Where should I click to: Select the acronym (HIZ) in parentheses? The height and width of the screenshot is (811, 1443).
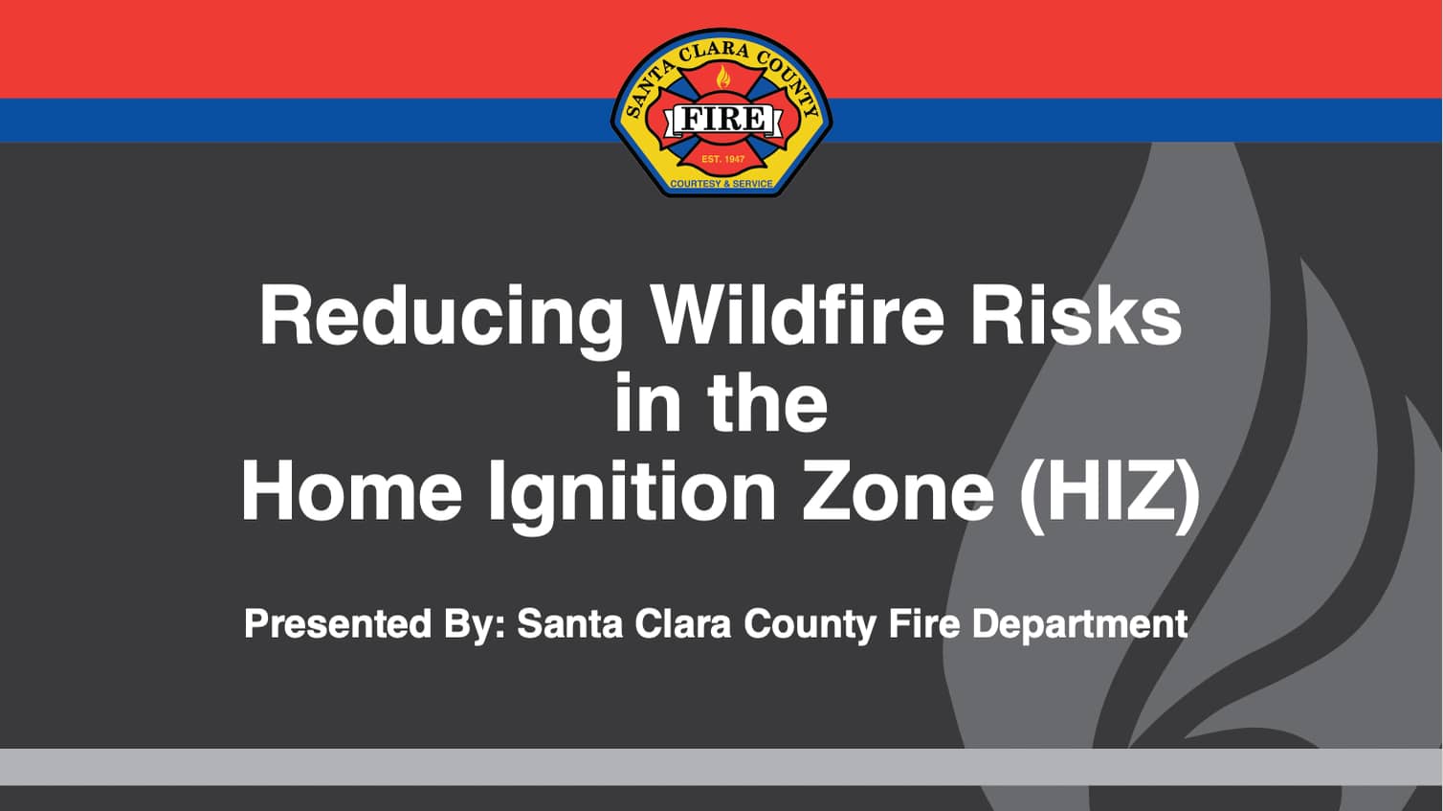pyautogui.click(x=1109, y=492)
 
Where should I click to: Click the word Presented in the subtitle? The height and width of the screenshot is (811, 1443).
pyautogui.click(x=338, y=624)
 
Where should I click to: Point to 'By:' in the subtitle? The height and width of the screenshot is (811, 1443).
pyautogui.click(x=474, y=625)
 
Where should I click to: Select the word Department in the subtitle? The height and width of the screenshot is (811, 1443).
pyautogui.click(x=1079, y=625)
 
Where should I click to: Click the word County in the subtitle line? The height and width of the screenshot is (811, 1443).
pyautogui.click(x=810, y=625)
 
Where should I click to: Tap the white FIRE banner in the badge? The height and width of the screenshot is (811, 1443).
pyautogui.click(x=721, y=120)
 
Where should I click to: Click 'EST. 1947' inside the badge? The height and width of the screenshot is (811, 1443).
pyautogui.click(x=722, y=159)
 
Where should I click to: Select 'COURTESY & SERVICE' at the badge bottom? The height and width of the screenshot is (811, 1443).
pyautogui.click(x=721, y=183)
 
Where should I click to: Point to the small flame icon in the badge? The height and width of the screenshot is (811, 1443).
pyautogui.click(x=723, y=78)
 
